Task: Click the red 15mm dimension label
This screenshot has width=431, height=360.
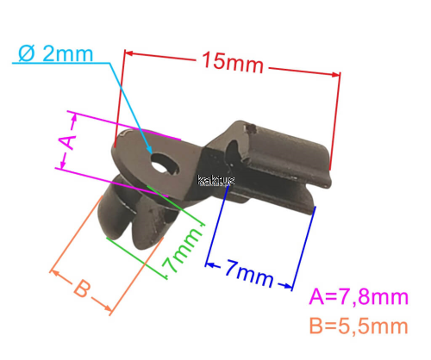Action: (233, 63)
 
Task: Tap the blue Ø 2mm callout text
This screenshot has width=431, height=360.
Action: (56, 53)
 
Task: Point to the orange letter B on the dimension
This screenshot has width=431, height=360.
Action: (82, 289)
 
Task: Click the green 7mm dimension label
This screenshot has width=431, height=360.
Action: (182, 249)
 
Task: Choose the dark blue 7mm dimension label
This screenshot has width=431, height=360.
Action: (249, 273)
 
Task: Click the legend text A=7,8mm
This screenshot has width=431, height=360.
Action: (359, 296)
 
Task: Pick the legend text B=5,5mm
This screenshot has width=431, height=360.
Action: (359, 326)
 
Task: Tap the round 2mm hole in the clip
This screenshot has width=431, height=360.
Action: (159, 163)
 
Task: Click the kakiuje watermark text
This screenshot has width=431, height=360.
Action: (216, 181)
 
